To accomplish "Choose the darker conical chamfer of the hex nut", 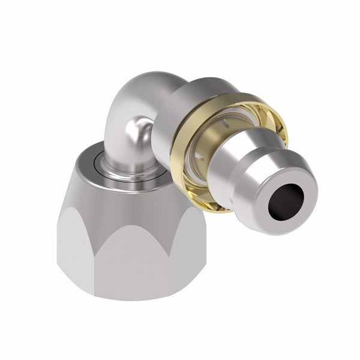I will pyautogui.click(x=120, y=198).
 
